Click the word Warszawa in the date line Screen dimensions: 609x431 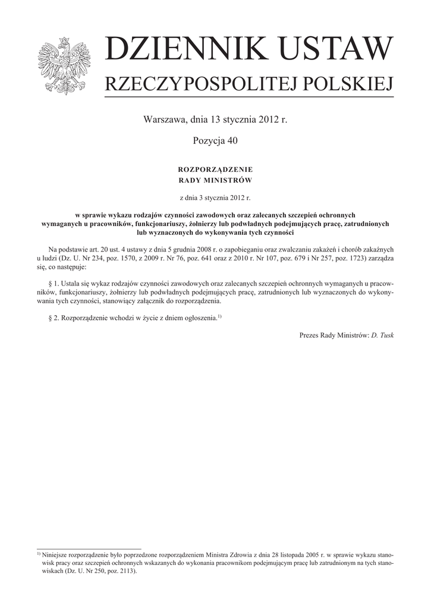163,120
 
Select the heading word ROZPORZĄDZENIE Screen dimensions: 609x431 215,170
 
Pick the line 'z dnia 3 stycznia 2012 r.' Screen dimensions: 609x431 215,197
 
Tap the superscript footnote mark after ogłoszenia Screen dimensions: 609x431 219,316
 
